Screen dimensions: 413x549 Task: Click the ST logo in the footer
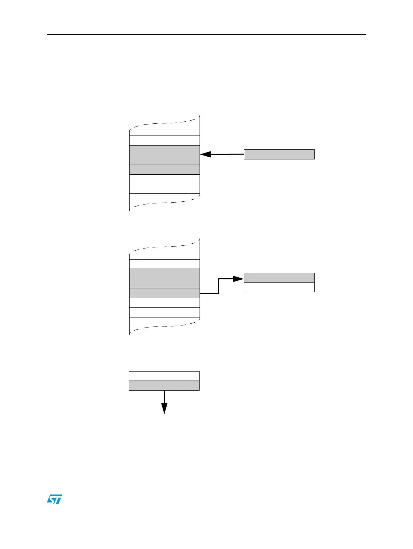coord(54,499)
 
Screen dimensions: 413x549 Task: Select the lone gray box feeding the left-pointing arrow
coord(279,154)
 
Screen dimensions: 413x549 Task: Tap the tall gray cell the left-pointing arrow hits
coord(164,155)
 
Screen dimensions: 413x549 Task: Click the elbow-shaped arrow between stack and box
coord(219,286)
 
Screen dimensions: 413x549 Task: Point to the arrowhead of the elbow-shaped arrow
coord(239,278)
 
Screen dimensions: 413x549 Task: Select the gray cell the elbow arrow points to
coord(279,278)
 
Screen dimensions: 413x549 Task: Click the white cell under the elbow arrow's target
coord(279,287)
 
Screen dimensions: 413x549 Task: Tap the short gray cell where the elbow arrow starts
coord(164,293)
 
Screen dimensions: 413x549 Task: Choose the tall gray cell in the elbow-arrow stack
coord(164,278)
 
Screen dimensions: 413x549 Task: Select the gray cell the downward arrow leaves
coord(164,386)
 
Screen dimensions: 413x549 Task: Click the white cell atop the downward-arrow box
coord(164,376)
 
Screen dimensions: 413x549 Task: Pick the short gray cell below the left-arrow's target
coord(164,169)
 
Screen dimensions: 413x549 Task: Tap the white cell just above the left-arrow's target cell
coord(164,140)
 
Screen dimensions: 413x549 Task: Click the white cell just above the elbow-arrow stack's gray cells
coord(164,264)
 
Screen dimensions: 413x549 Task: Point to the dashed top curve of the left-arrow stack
coord(164,123)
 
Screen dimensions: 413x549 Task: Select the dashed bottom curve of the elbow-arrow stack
coord(164,326)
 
